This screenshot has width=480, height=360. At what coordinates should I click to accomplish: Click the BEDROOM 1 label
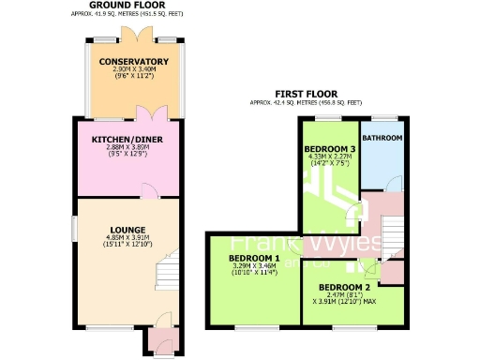click(x=254, y=258)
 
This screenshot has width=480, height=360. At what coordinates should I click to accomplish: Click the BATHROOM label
click(x=382, y=138)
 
